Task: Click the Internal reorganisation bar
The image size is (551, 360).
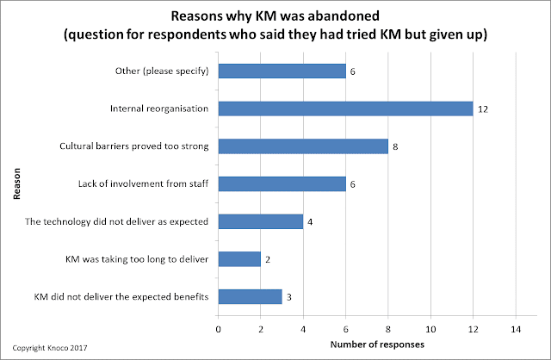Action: click(346, 109)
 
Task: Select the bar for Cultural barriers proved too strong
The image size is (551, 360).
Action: click(303, 146)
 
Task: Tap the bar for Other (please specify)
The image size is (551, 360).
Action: click(282, 71)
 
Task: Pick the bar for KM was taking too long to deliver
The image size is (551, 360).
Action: click(239, 259)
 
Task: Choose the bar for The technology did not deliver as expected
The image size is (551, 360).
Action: click(261, 221)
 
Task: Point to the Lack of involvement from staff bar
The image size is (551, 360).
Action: click(282, 183)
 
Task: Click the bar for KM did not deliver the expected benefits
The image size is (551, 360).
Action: click(251, 297)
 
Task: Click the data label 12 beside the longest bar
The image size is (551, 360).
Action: click(483, 109)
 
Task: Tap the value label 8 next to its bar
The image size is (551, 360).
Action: click(395, 147)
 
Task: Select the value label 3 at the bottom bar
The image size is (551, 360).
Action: click(289, 297)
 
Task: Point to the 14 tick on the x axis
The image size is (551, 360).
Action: click(516, 329)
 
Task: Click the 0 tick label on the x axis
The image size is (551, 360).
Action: click(218, 329)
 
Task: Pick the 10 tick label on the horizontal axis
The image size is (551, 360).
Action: click(430, 329)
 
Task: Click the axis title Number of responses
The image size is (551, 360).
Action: click(377, 344)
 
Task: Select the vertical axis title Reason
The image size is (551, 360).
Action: click(16, 183)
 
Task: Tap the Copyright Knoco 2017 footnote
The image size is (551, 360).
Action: click(50, 348)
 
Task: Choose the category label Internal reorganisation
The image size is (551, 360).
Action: click(159, 109)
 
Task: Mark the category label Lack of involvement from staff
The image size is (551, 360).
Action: click(144, 183)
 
